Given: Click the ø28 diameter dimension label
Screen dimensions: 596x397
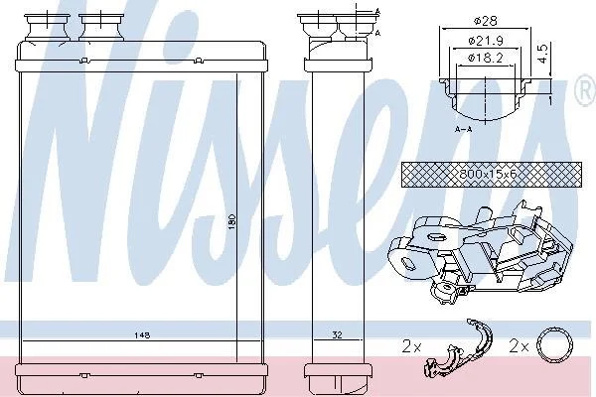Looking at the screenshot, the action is click(486, 21).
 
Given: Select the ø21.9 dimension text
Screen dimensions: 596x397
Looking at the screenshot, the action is click(486, 40).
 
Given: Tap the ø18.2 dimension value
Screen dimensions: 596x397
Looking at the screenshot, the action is click(486, 58).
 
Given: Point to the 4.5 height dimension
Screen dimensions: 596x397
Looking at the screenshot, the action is click(543, 54).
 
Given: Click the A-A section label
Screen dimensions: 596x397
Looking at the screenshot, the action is click(463, 130).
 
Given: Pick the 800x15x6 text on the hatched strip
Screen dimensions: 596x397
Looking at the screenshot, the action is click(488, 175).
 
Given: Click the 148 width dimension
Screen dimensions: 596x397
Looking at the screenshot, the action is click(142, 335).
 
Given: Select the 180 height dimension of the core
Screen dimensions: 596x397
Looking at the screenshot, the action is click(232, 222).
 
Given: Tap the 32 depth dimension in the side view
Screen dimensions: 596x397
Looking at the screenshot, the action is click(337, 334).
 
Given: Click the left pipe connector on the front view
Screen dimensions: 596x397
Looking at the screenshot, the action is click(47, 27).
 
